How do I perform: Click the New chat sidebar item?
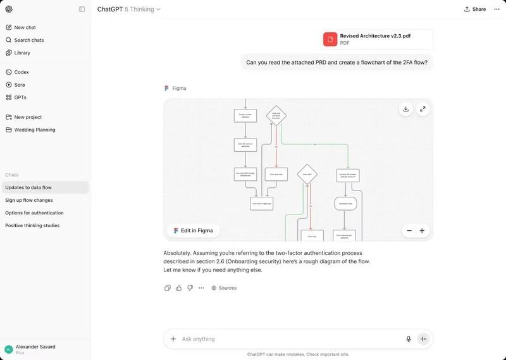click(x=25, y=27)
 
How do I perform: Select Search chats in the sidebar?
click(x=28, y=40)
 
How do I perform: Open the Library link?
click(x=22, y=53)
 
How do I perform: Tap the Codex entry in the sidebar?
click(x=22, y=72)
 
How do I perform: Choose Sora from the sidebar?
click(x=20, y=85)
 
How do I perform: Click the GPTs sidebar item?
click(x=20, y=97)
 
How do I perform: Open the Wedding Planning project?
click(x=34, y=130)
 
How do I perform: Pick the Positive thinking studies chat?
click(x=32, y=225)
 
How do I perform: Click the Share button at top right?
click(x=475, y=9)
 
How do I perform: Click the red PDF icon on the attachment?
click(x=330, y=39)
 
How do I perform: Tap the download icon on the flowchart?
click(x=405, y=109)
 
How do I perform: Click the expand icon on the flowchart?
click(x=423, y=109)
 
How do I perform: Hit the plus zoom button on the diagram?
click(x=422, y=231)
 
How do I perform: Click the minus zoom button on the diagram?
click(x=409, y=231)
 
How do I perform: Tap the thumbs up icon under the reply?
click(x=179, y=288)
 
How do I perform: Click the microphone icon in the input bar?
click(x=409, y=339)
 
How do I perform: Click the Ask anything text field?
click(x=285, y=339)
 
